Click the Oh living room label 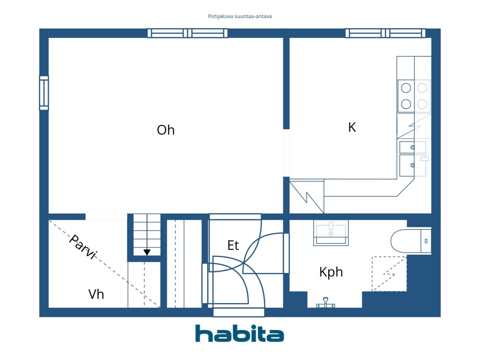[x=165, y=130]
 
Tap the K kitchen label [x=352, y=127]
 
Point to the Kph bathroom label [x=331, y=272]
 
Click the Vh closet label [x=96, y=294]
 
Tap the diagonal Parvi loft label [x=82, y=247]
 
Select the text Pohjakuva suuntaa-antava [x=240, y=16]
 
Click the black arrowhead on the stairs [x=147, y=252]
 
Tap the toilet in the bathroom [x=411, y=241]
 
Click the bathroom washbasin [x=331, y=232]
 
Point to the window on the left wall [x=44, y=93]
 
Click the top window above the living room [x=187, y=33]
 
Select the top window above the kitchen [x=385, y=33]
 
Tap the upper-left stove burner [x=406, y=88]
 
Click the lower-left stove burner [x=406, y=104]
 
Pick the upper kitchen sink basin [x=412, y=147]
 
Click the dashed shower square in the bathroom [x=389, y=274]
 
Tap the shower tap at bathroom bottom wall [x=325, y=303]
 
